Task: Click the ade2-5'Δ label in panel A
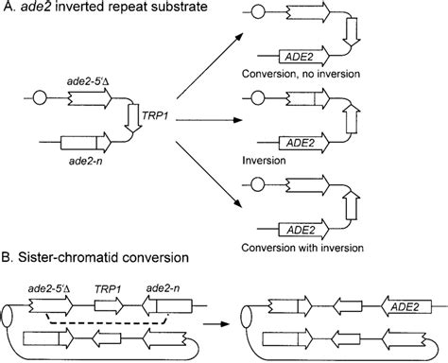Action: (x=83, y=83)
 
